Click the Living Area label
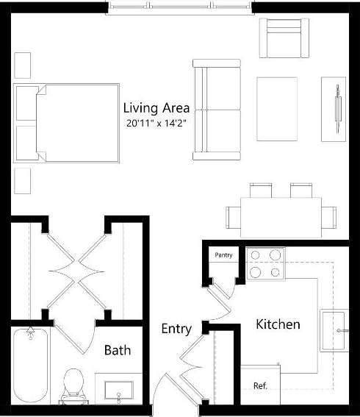[x=156, y=107]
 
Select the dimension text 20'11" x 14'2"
[x=156, y=124]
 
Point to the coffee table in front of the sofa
[x=277, y=108]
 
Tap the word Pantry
[x=223, y=255]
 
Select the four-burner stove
[x=266, y=263]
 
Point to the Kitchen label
[x=277, y=324]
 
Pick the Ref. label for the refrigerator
[x=259, y=385]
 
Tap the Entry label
[x=176, y=329]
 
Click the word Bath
[x=118, y=350]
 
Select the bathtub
[x=30, y=366]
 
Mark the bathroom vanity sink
[x=118, y=389]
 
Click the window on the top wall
[x=179, y=8]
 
